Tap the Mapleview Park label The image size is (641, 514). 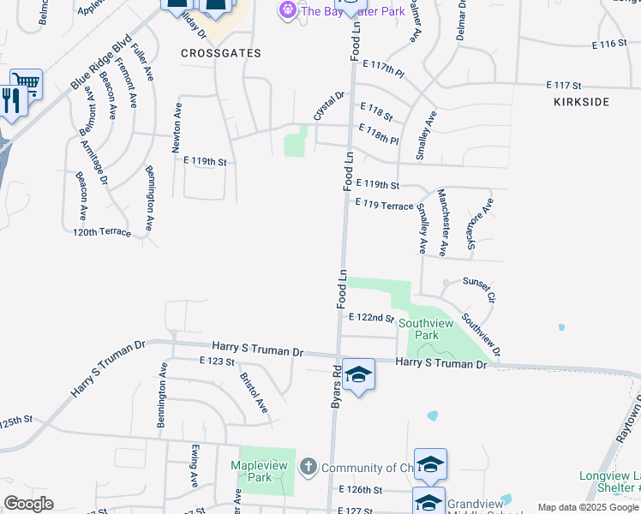(x=262, y=471)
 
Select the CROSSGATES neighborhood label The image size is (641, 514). (x=220, y=53)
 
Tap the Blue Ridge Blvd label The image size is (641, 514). (x=102, y=62)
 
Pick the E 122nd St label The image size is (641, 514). (x=371, y=317)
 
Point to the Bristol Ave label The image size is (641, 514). (x=254, y=391)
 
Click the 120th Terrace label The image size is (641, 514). (x=102, y=232)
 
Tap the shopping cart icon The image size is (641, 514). (x=27, y=83)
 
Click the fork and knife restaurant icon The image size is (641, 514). (x=12, y=100)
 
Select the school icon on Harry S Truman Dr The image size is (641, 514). (x=359, y=374)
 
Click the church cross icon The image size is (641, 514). (x=308, y=468)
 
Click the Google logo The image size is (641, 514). (x=28, y=504)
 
